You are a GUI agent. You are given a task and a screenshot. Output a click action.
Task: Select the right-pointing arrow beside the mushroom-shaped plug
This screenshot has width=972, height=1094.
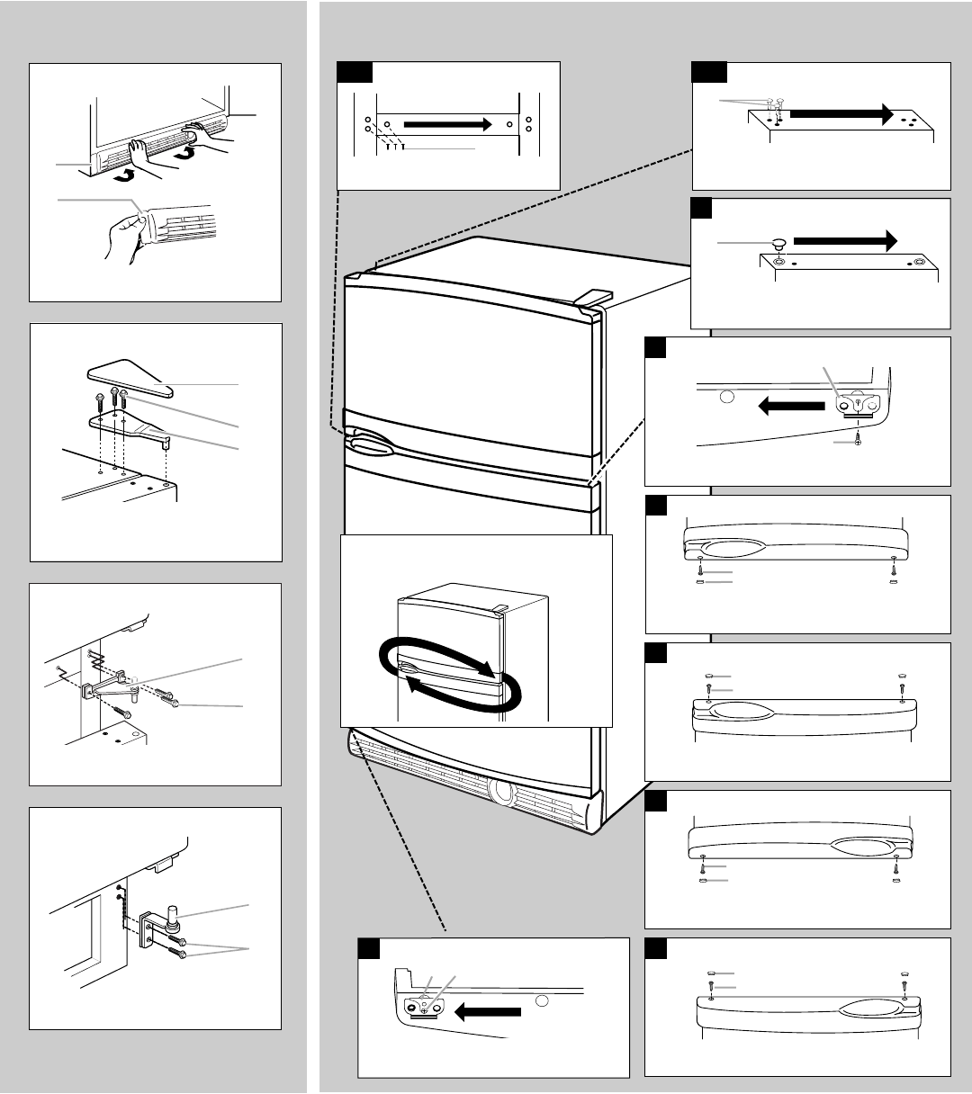tap(846, 240)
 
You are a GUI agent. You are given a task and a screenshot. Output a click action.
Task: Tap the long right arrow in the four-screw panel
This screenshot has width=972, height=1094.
tap(448, 123)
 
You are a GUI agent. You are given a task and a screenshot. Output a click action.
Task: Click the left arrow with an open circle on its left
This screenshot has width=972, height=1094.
tap(792, 406)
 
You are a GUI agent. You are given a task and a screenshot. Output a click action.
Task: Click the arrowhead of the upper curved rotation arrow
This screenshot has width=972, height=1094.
tap(487, 669)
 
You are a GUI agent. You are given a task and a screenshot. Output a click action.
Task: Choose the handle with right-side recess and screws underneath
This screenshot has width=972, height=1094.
tap(802, 844)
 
